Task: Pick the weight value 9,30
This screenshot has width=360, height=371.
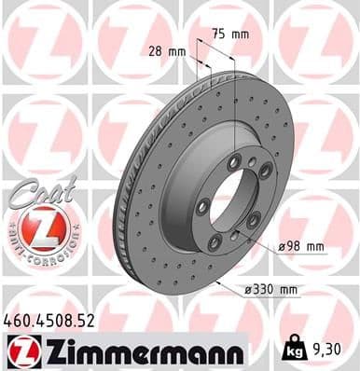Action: click(321, 350)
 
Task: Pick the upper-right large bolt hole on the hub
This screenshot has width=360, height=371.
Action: click(266, 172)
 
